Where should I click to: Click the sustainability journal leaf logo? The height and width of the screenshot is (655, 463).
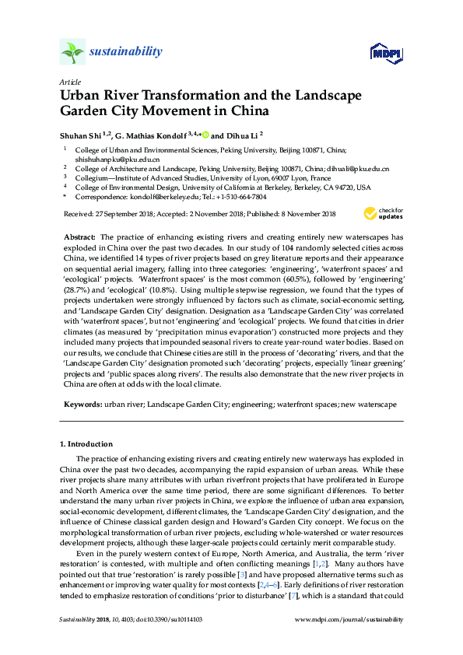click(x=72, y=52)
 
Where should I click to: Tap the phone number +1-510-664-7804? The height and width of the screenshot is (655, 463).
click(x=244, y=198)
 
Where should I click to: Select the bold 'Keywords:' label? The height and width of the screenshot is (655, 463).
click(x=80, y=405)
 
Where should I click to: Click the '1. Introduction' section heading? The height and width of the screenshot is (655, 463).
click(x=86, y=443)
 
